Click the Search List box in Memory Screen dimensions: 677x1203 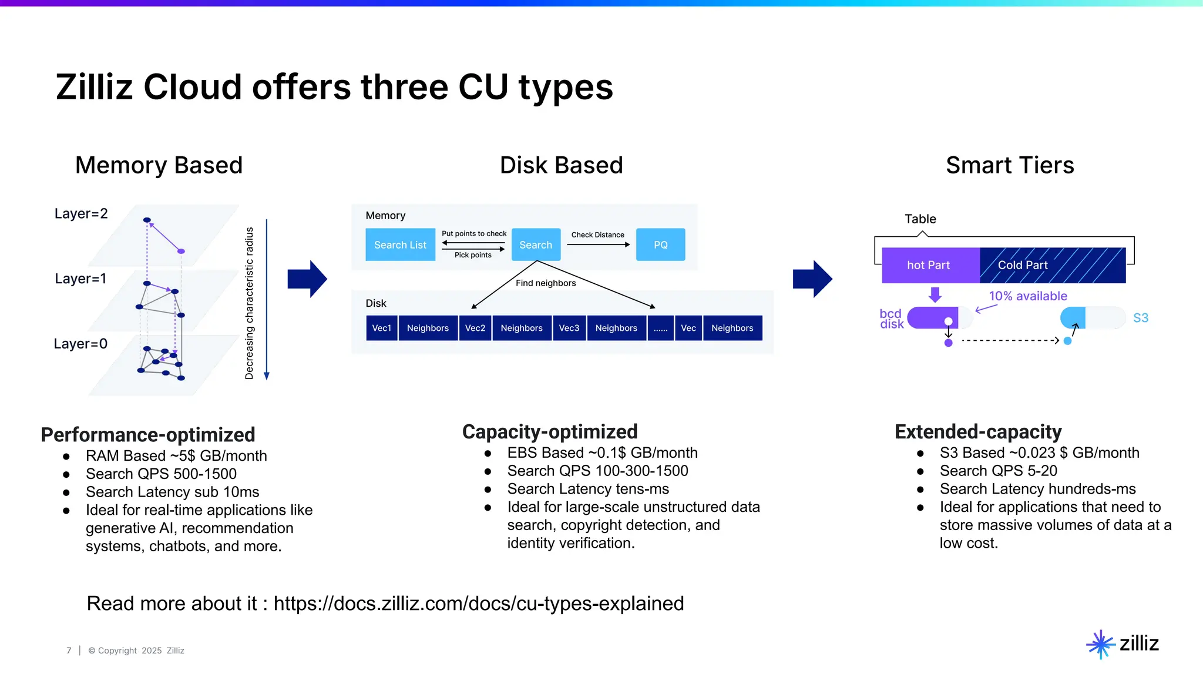pyautogui.click(x=400, y=244)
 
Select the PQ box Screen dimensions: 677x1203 pyautogui.click(x=660, y=244)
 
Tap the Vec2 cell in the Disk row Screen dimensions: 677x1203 pyautogui.click(x=475, y=328)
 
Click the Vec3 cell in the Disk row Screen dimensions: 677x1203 pyautogui.click(x=569, y=328)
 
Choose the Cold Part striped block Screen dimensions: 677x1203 pyautogui.click(x=1051, y=265)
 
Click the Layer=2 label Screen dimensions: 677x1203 pyautogui.click(x=81, y=213)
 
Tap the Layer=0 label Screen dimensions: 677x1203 pyautogui.click(x=80, y=344)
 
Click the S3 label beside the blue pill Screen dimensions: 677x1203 pyautogui.click(x=1140, y=318)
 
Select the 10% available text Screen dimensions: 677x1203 pyautogui.click(x=1027, y=296)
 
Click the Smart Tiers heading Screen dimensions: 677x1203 pyautogui.click(x=1009, y=165)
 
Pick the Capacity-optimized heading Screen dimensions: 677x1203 pyautogui.click(x=549, y=432)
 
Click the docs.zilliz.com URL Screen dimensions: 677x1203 pyautogui.click(x=478, y=604)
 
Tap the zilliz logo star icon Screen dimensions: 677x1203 pyautogui.click(x=1100, y=644)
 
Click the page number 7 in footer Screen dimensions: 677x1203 pyautogui.click(x=69, y=651)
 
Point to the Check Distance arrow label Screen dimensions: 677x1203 pyautogui.click(x=597, y=234)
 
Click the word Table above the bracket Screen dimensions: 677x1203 pyautogui.click(x=920, y=219)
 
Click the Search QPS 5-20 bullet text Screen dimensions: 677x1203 pyautogui.click(x=998, y=471)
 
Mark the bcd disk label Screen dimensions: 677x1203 pyautogui.click(x=891, y=319)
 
